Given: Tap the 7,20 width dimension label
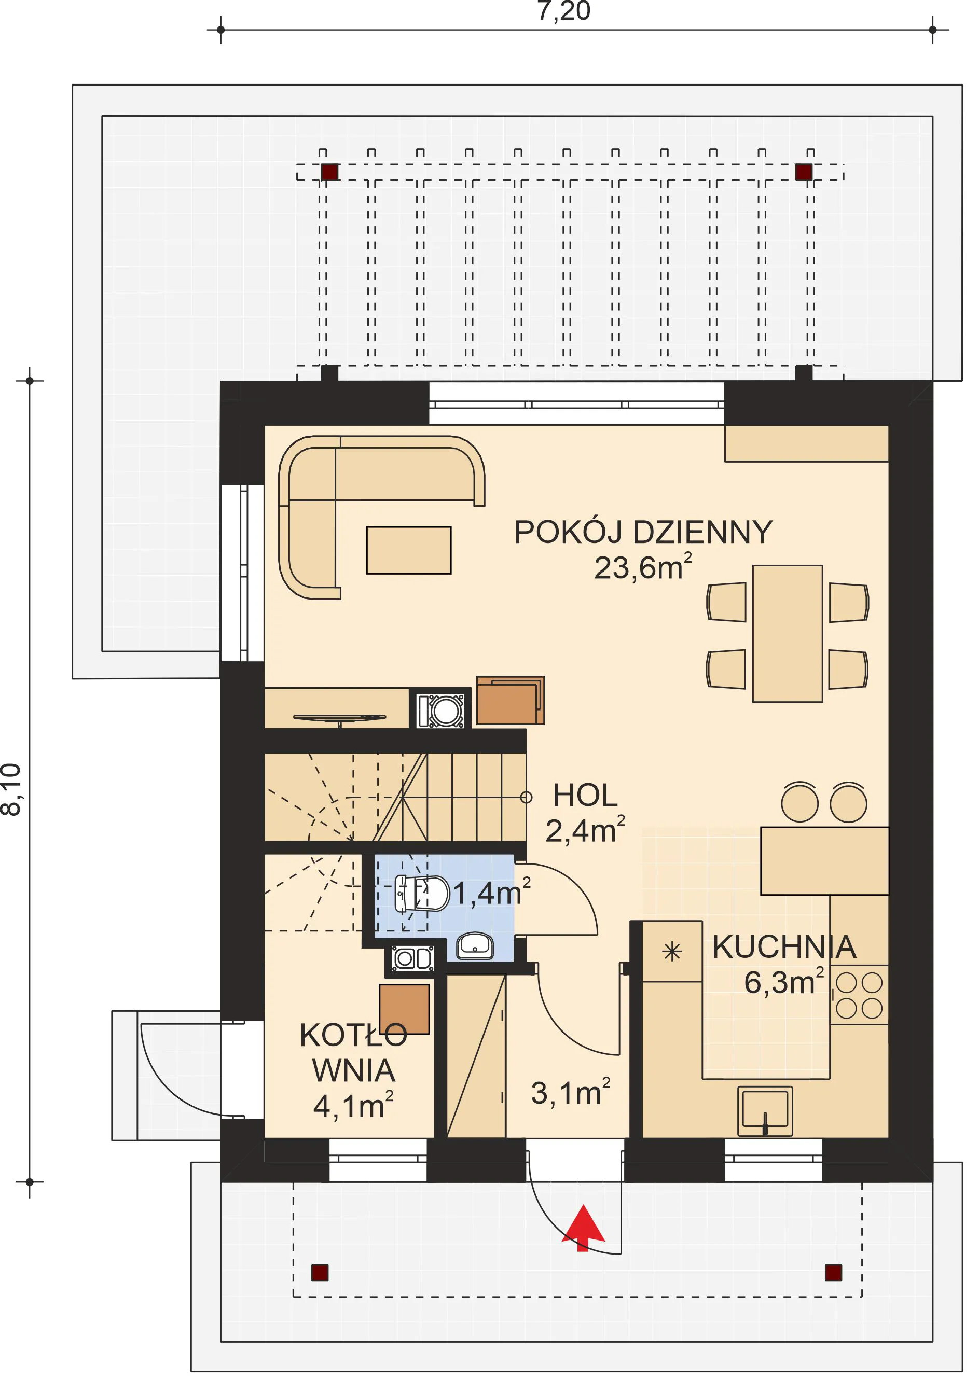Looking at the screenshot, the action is pos(564,11).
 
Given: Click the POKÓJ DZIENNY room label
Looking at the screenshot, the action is pos(643,532).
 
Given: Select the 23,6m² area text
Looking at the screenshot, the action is pos(643,567).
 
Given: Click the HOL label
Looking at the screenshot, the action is pos(585,796).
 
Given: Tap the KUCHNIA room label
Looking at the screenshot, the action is pos(784,947).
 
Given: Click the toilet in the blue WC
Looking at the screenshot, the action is pos(422,894).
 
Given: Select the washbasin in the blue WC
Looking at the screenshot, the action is pos(475,946).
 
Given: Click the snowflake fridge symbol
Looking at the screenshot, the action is pos(672,951).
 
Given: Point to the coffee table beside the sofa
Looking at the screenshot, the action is pos(408,550).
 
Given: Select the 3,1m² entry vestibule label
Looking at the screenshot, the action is pos(571,1093).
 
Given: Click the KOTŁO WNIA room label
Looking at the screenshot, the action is pos(353,1053).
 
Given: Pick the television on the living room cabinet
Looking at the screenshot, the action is pos(339,718).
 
